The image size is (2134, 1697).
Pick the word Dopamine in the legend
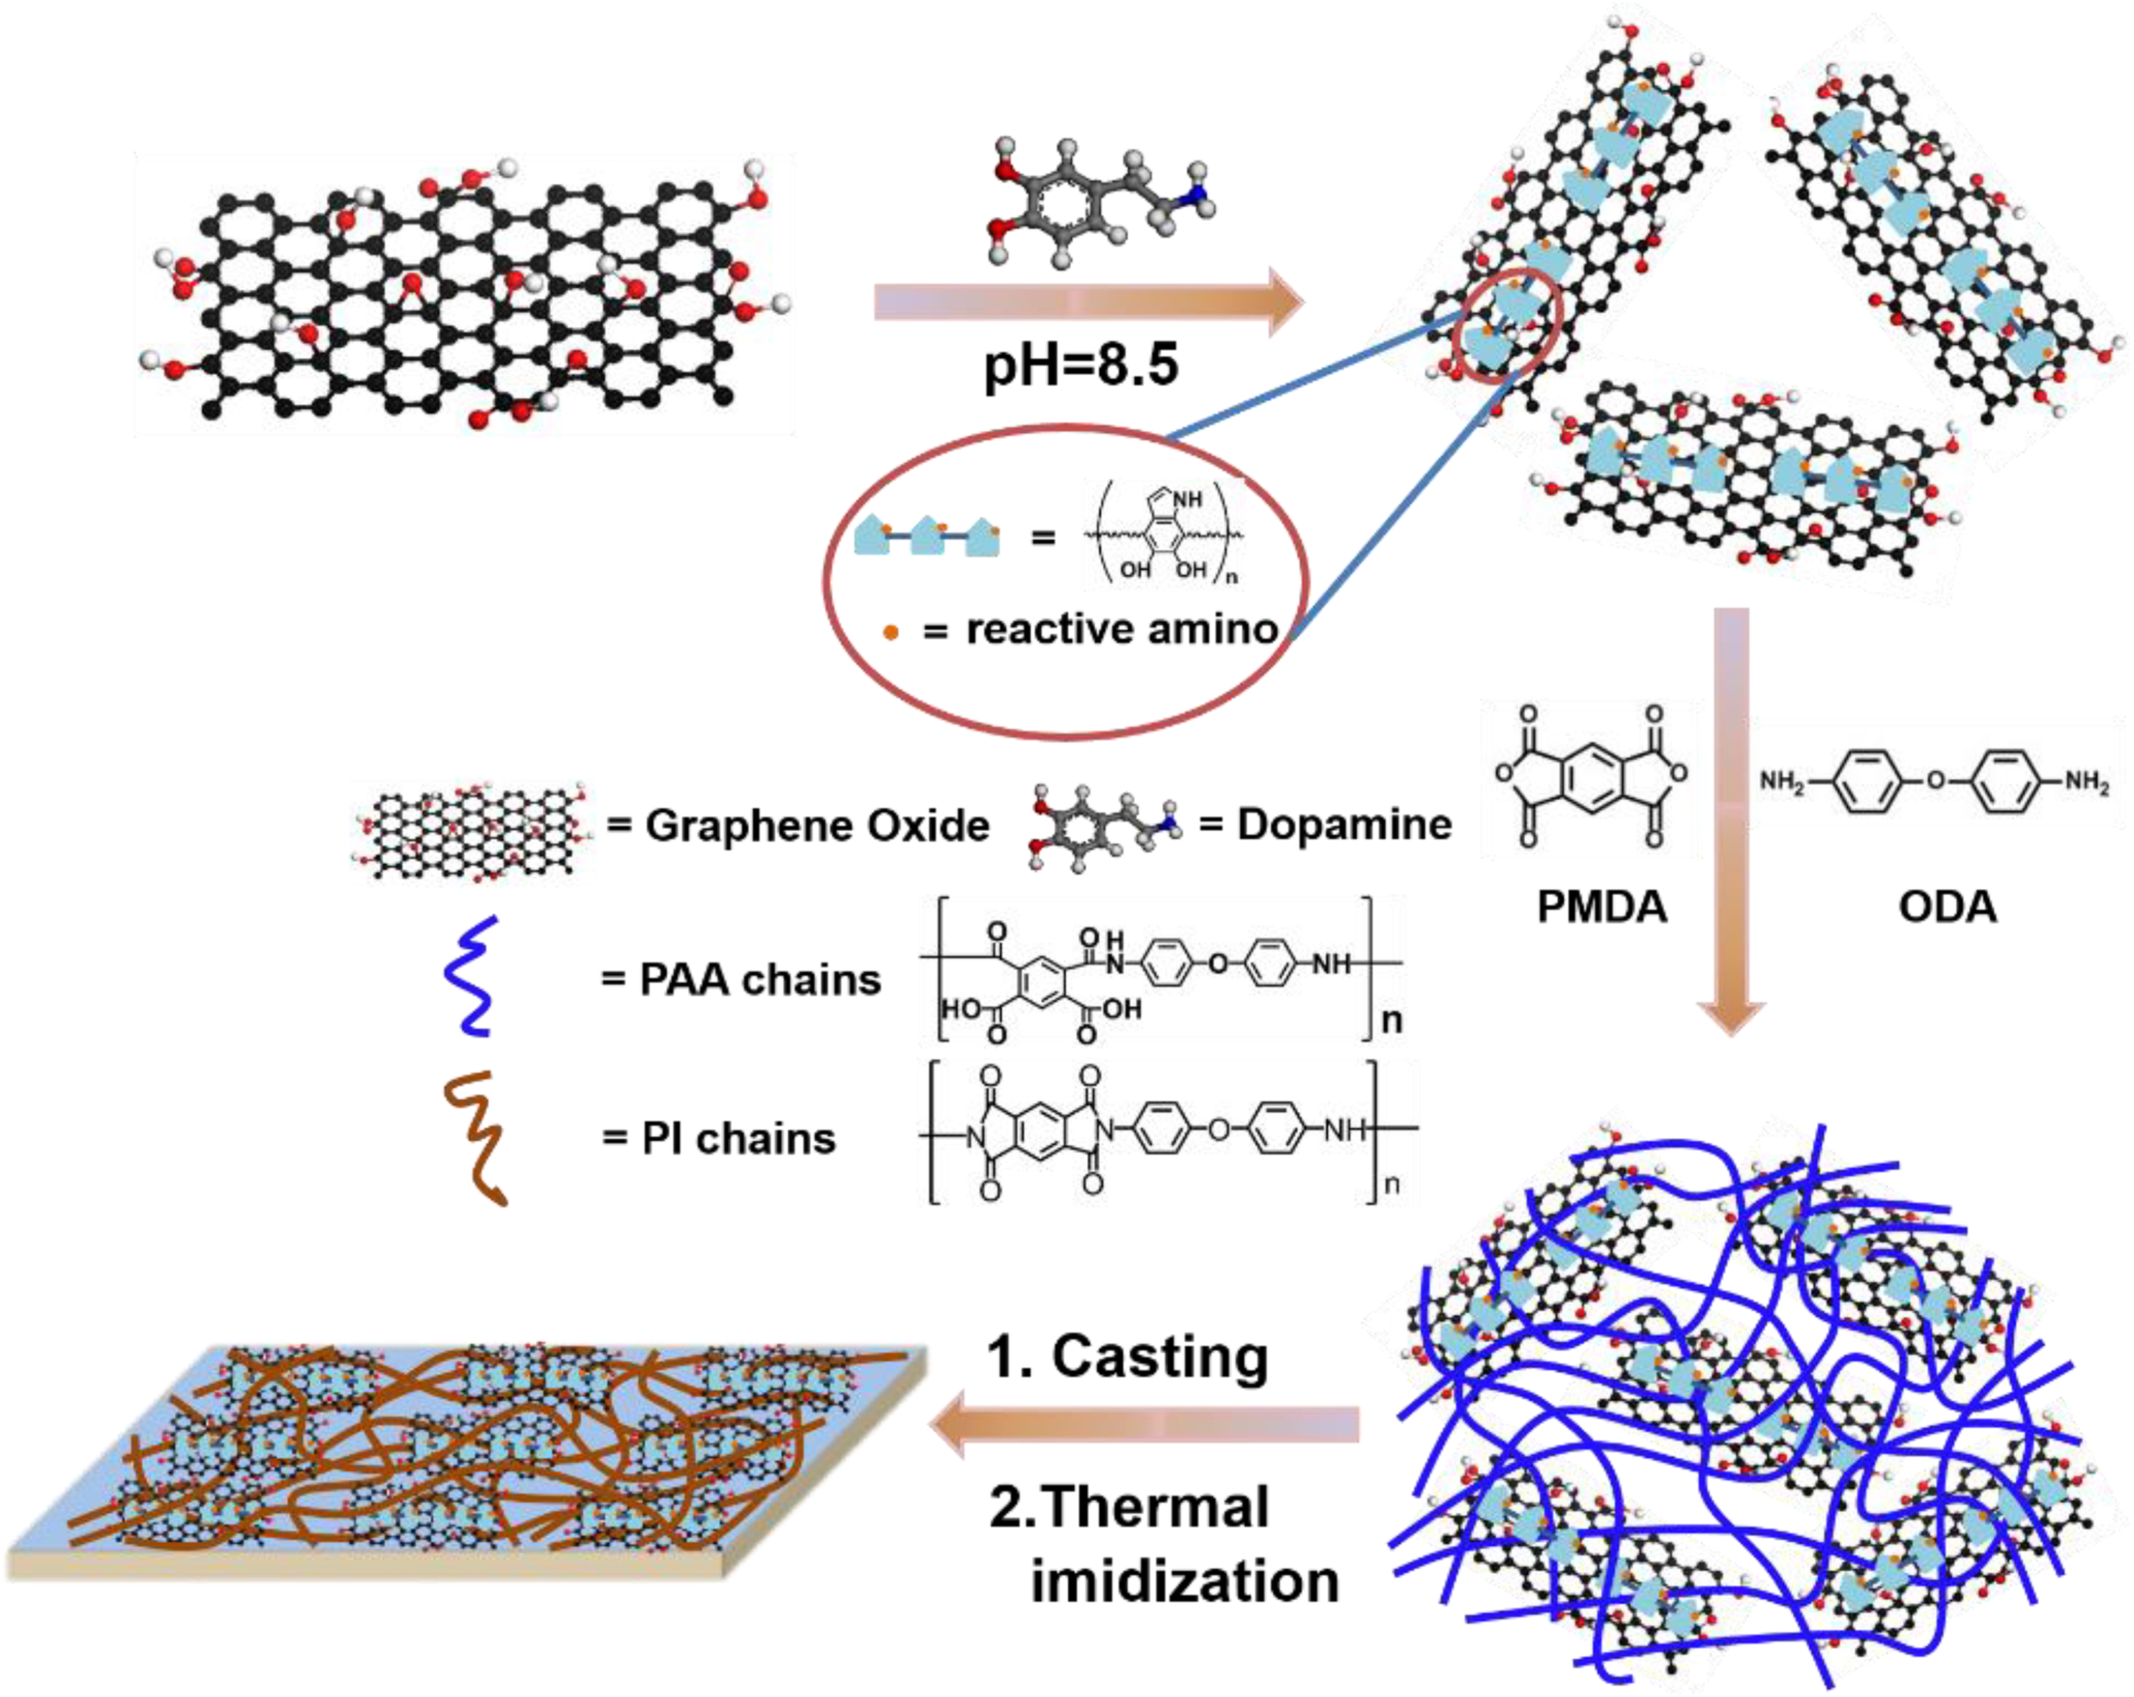pos(1344,824)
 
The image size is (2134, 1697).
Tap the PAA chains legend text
pos(760,979)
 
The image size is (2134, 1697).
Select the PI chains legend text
pos(738,1138)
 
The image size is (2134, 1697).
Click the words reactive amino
pos(1122,629)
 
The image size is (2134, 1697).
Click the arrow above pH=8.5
pos(1089,301)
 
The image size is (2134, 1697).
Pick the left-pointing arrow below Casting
pos(1143,1424)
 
